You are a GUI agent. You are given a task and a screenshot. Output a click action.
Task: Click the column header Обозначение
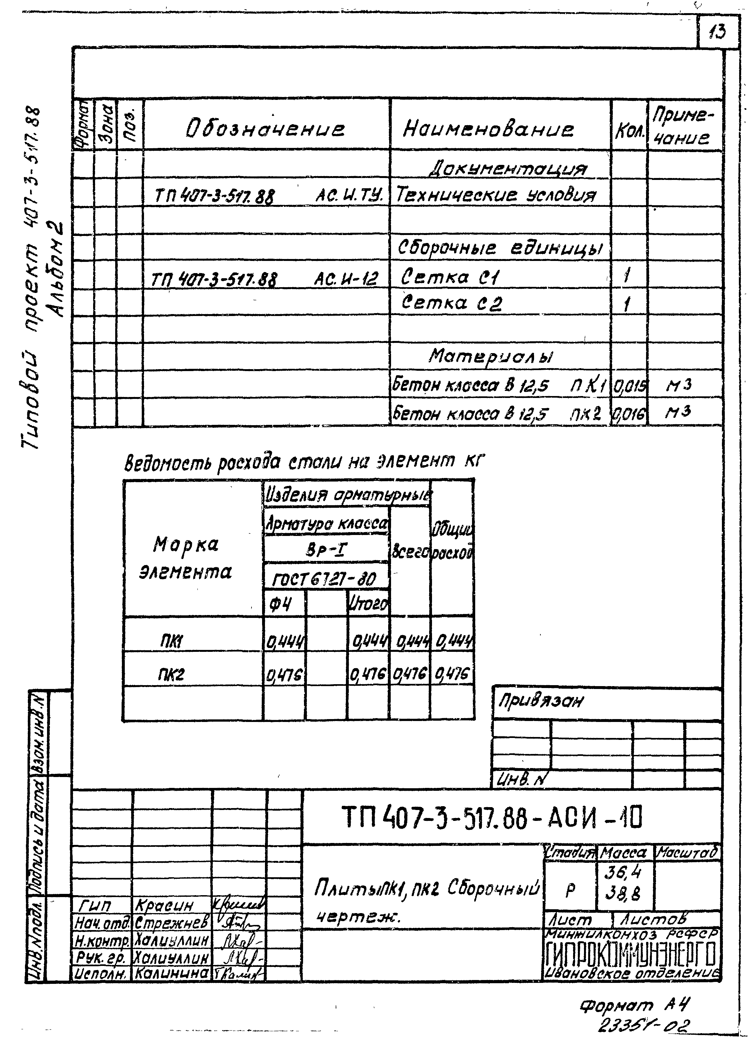(x=265, y=129)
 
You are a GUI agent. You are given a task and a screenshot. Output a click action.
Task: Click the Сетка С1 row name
(x=450, y=277)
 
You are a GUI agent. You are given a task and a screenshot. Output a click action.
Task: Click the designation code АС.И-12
(x=346, y=279)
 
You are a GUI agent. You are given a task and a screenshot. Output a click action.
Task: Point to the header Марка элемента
(x=186, y=558)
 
